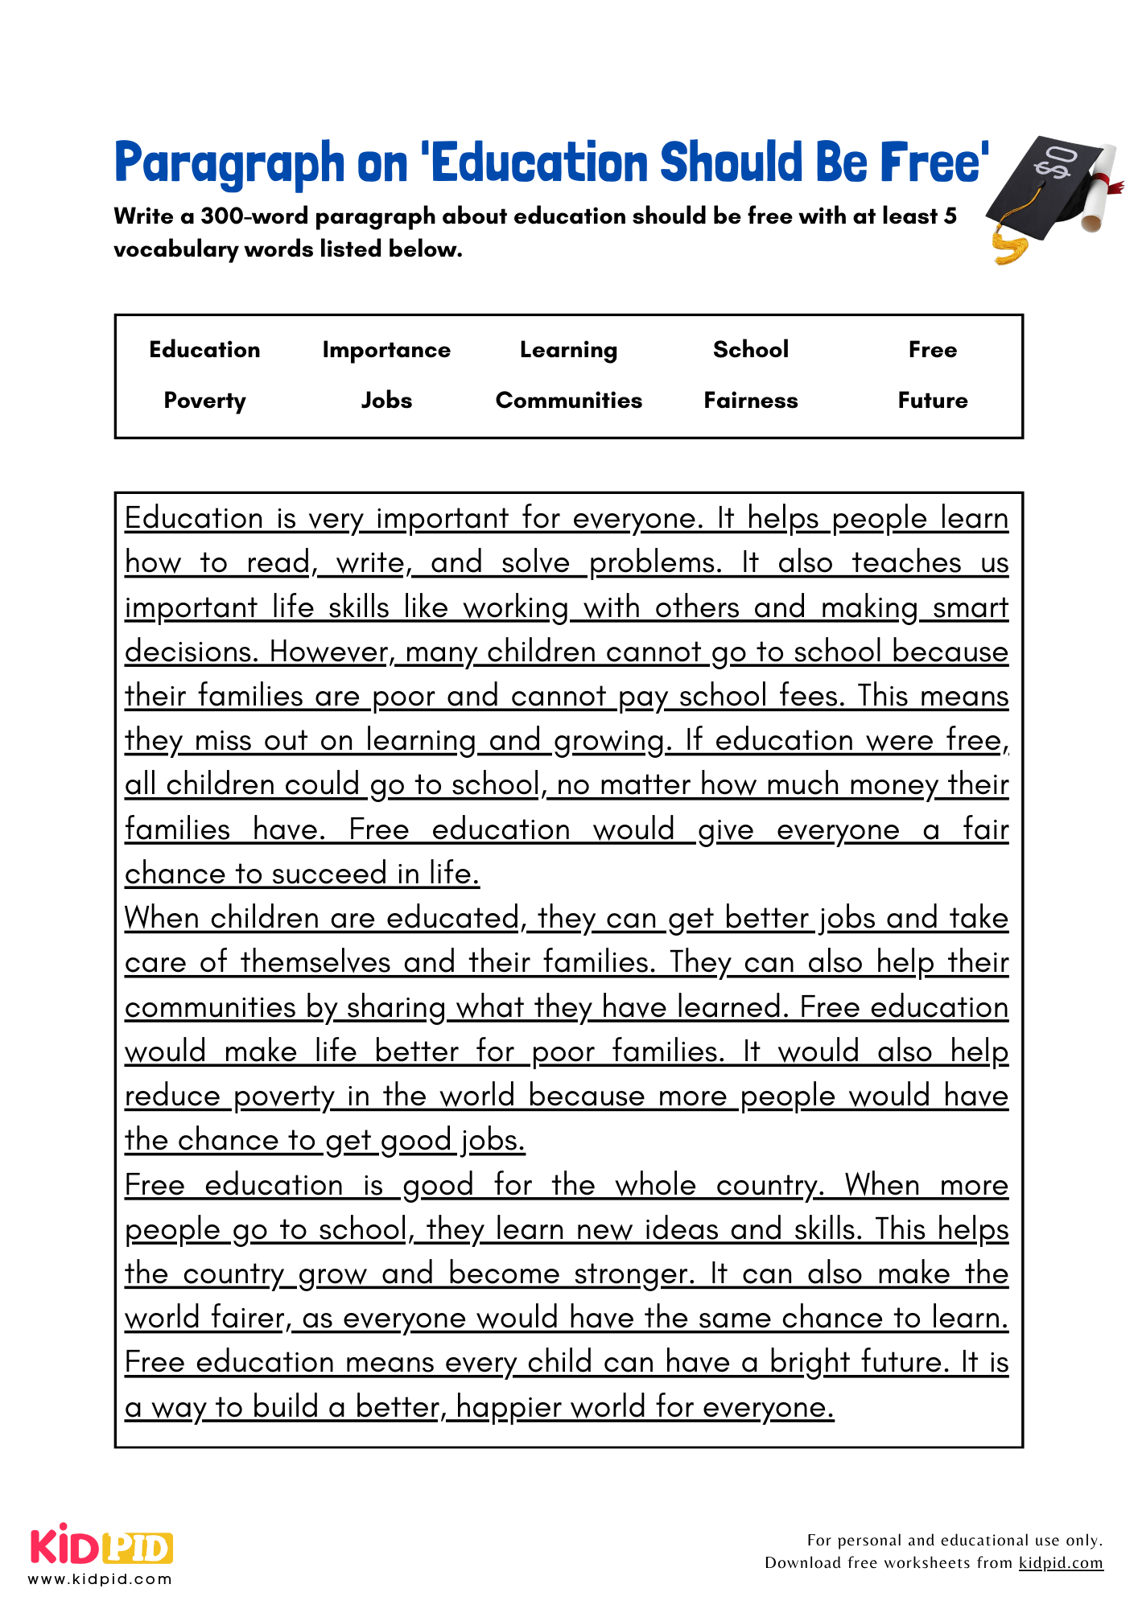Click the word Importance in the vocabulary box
(x=386, y=350)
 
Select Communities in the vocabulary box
(x=569, y=401)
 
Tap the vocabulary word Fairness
(x=751, y=401)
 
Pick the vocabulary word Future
(x=933, y=401)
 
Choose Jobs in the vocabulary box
(x=386, y=401)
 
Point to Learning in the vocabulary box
(x=569, y=350)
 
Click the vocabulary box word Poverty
(x=204, y=401)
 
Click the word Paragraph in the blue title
(x=229, y=163)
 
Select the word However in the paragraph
(x=328, y=652)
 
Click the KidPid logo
(x=101, y=1546)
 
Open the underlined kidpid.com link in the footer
(x=1061, y=1562)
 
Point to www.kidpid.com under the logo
(x=101, y=1579)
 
